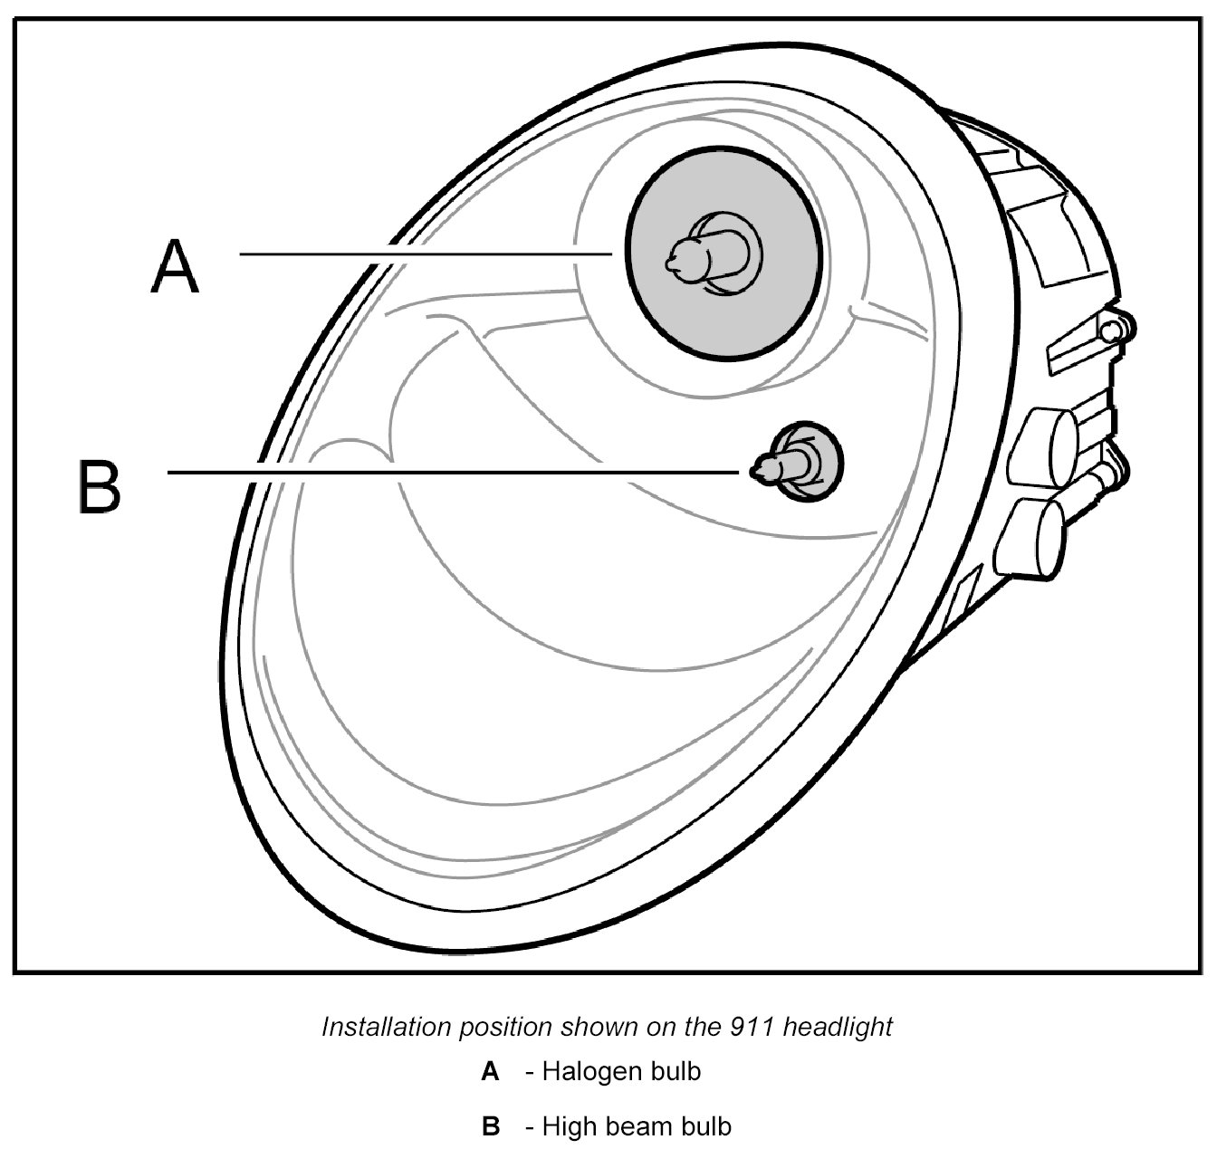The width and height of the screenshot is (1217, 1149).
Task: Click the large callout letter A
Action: click(x=174, y=266)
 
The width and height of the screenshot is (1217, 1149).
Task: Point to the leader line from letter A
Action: click(x=426, y=254)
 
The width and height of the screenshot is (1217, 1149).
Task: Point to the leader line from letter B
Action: click(x=453, y=472)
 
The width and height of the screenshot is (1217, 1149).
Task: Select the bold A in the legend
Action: click(x=490, y=1072)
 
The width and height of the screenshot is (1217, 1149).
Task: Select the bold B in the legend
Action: click(x=491, y=1126)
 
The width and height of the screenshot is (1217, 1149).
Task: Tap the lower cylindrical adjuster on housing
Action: click(x=1033, y=533)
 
